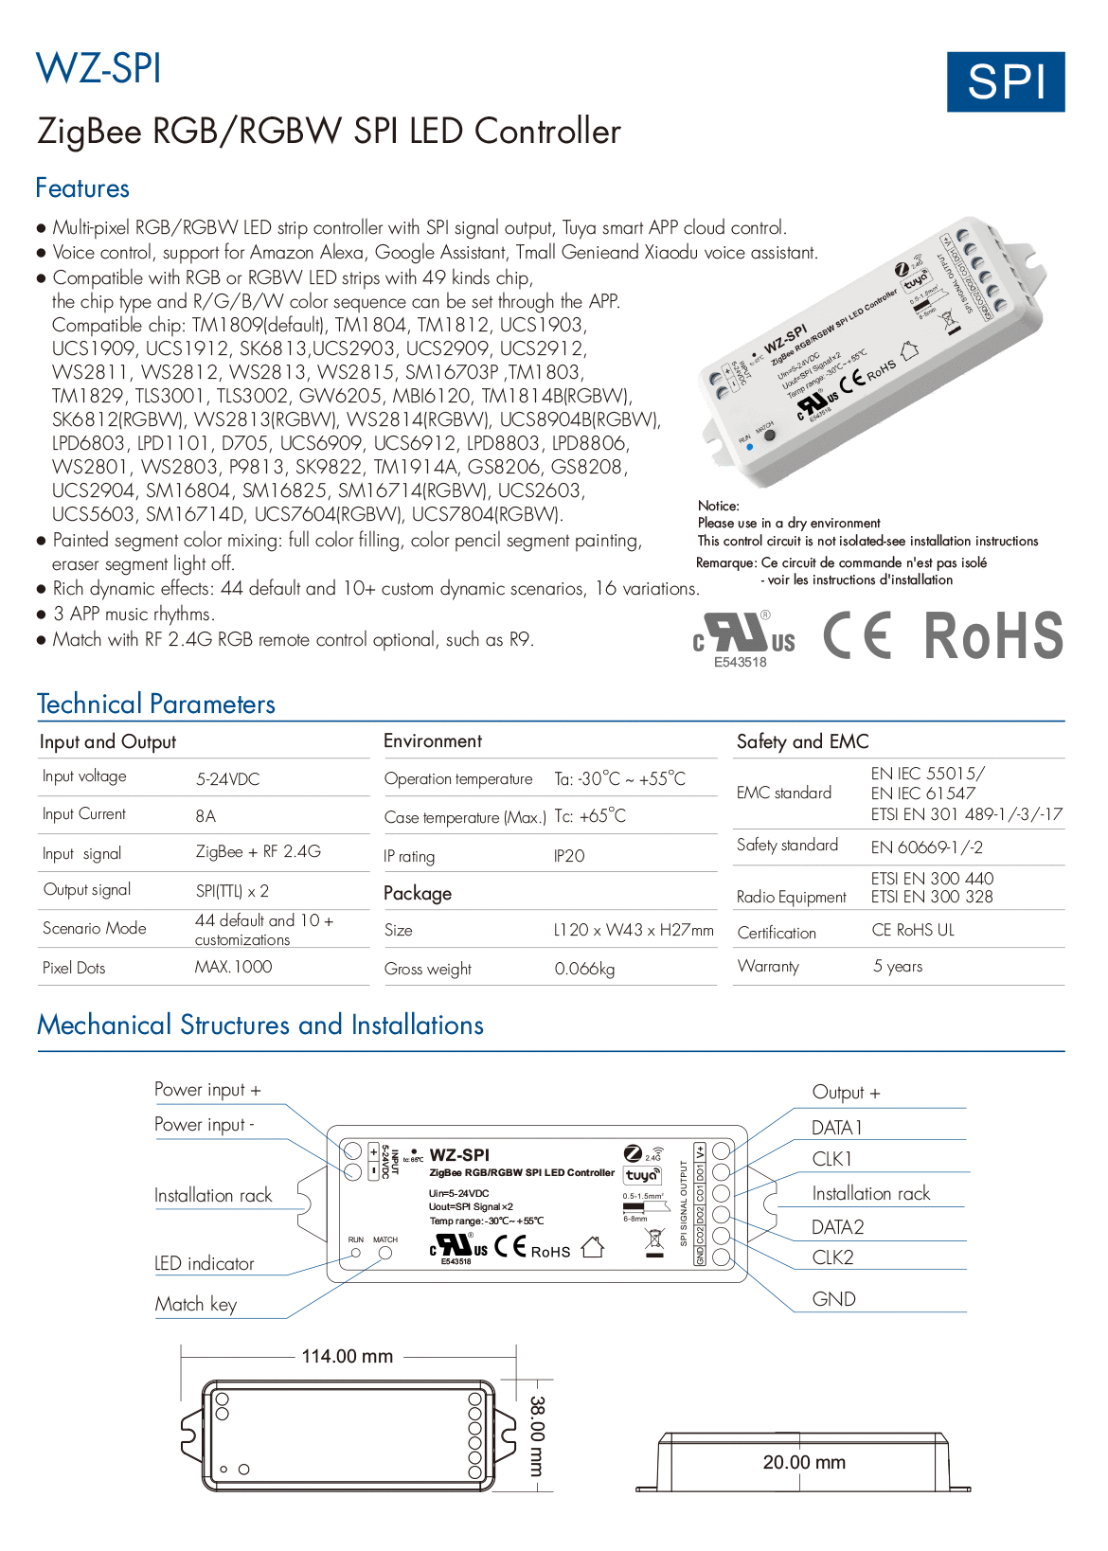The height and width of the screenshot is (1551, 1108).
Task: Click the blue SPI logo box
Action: (1006, 82)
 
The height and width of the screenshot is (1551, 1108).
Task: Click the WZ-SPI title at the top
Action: (98, 69)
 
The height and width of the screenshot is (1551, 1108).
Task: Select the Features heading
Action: (82, 188)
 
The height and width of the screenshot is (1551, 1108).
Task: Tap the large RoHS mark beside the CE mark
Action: (992, 635)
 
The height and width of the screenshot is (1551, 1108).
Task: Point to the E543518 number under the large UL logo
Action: (741, 663)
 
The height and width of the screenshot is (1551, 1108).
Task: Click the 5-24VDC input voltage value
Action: (227, 779)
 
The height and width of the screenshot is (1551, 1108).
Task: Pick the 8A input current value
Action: (206, 816)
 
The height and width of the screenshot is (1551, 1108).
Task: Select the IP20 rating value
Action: (569, 856)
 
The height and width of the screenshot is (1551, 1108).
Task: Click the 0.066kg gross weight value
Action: (584, 969)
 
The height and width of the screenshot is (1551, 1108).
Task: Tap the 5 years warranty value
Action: (897, 967)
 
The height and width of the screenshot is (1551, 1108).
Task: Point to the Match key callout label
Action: (196, 1305)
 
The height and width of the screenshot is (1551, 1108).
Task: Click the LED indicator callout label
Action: (205, 1264)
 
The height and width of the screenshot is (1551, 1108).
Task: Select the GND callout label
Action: (833, 1299)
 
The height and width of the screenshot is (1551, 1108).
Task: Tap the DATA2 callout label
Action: (837, 1227)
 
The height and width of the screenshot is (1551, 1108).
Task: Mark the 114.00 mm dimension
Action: (347, 1356)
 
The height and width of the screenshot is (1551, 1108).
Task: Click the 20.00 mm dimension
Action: (804, 1462)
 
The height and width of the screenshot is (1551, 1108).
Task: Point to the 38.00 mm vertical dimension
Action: (537, 1435)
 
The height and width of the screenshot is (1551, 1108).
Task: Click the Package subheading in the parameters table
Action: (418, 894)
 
